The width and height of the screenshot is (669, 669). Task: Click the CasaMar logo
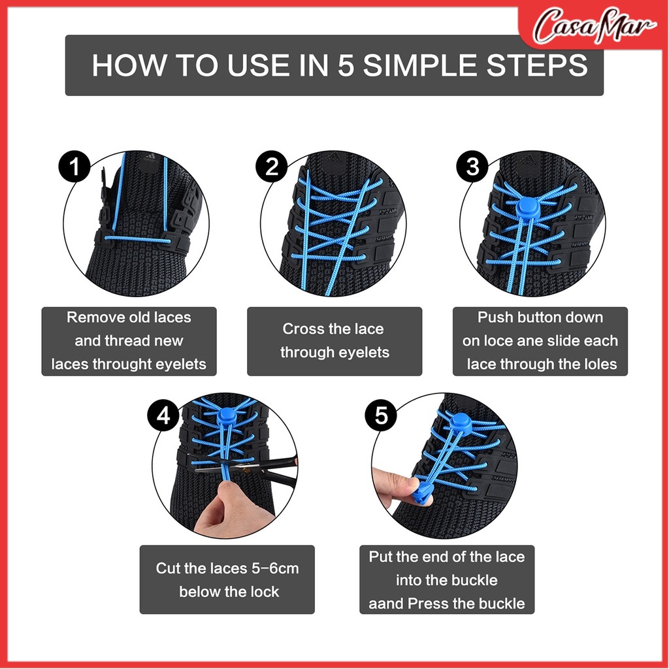click(595, 25)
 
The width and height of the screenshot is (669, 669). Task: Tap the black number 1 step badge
click(74, 166)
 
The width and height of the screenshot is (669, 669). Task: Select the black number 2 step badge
click(272, 166)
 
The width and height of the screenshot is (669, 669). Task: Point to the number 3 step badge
click(472, 166)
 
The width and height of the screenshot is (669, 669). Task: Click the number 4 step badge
click(163, 415)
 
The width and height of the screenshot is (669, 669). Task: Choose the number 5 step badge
click(381, 415)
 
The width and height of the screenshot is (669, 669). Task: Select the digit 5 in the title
click(346, 65)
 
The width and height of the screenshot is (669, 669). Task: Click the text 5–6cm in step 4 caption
click(275, 568)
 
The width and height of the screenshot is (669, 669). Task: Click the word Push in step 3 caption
click(495, 317)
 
